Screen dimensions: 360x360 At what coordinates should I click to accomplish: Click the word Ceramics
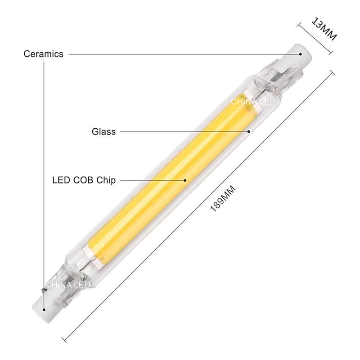43,54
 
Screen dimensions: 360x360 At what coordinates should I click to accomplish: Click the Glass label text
103,132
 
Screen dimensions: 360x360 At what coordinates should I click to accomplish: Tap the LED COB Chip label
84,180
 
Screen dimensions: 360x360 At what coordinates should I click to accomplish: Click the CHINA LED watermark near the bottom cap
72,284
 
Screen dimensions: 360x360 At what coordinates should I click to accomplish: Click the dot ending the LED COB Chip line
184,180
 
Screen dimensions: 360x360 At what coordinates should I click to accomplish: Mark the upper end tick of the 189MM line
332,71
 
